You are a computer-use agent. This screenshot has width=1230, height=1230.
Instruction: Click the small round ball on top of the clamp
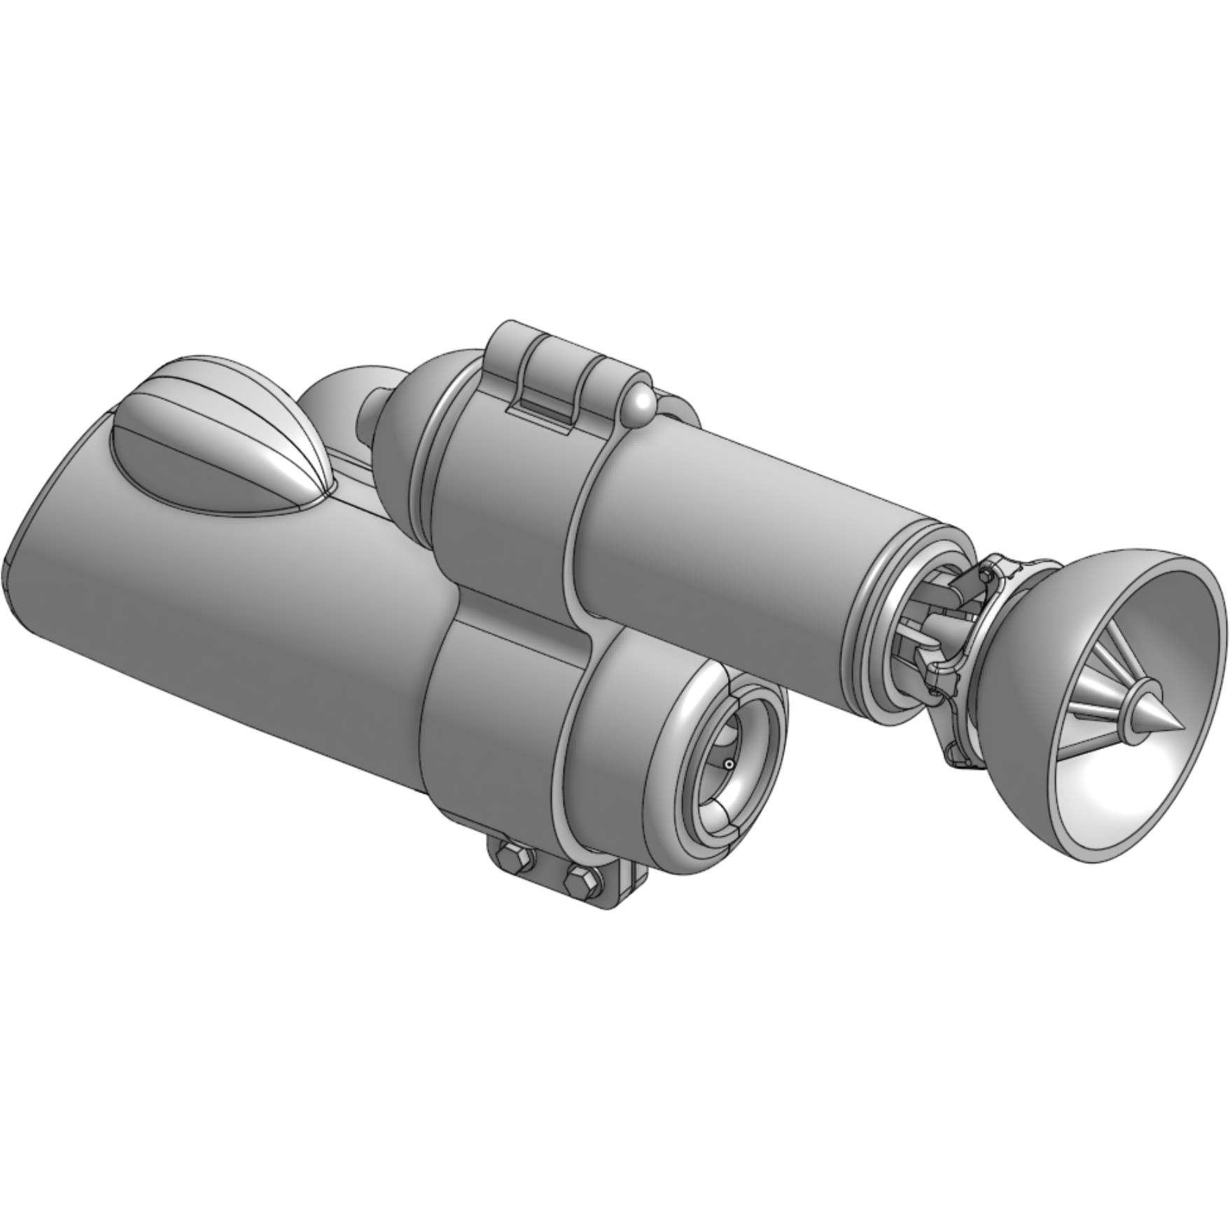click(x=638, y=406)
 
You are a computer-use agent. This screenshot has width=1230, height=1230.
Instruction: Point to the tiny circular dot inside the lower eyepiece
click(x=729, y=764)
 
